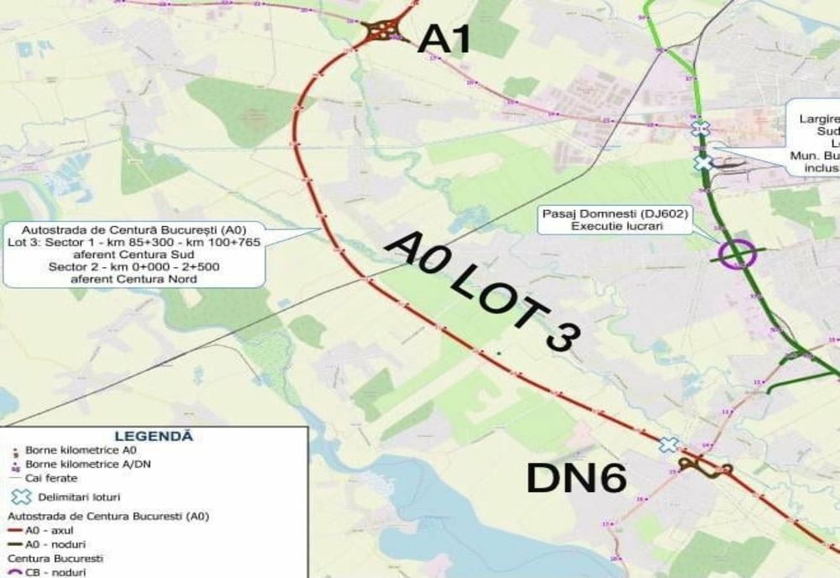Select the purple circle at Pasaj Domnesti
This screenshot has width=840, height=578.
[x=738, y=253]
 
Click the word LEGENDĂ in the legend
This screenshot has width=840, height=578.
[x=153, y=436]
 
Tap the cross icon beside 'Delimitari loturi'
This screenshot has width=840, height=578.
[x=20, y=497]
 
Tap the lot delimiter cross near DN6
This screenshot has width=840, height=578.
[x=669, y=444]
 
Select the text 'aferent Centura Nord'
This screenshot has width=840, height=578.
[x=134, y=279]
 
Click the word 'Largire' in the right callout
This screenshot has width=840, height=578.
[x=819, y=119]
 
